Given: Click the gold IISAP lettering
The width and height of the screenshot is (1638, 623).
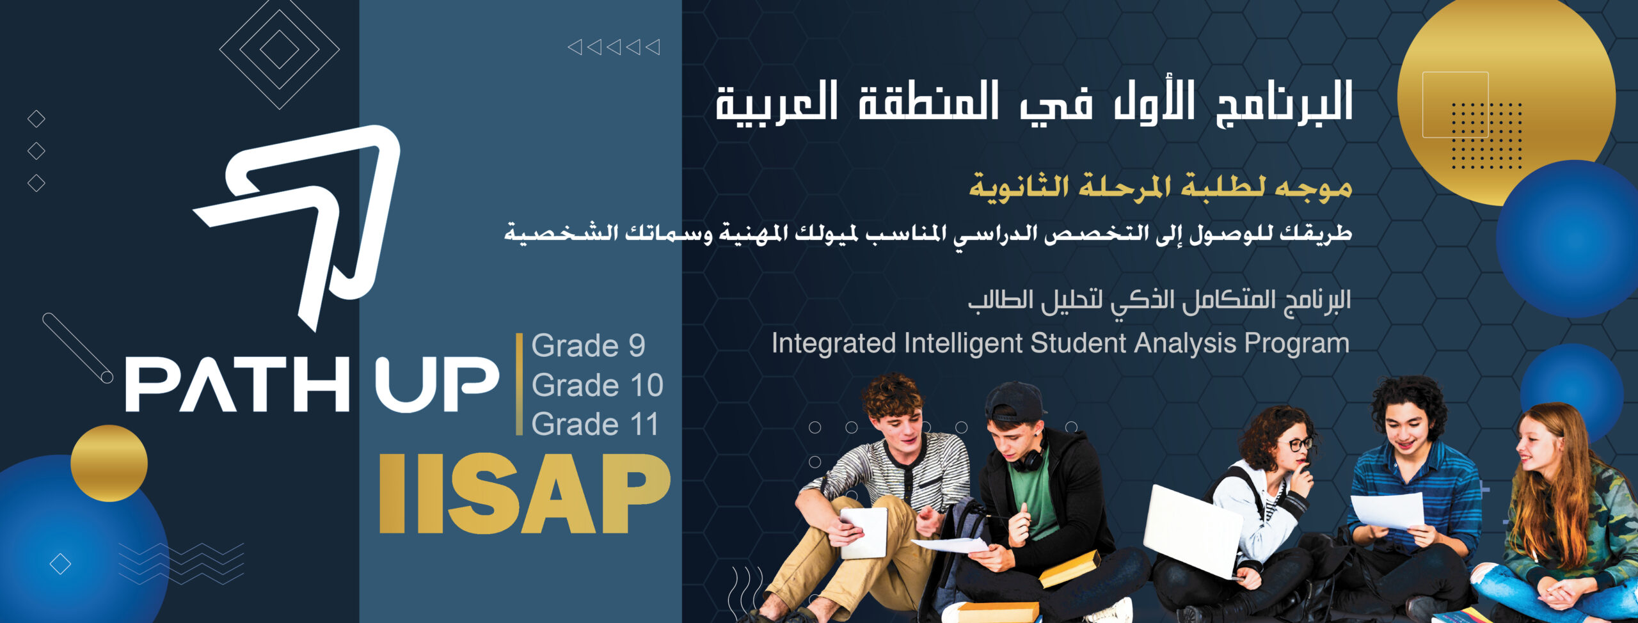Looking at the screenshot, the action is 525,493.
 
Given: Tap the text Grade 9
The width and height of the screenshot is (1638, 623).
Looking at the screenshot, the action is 588,346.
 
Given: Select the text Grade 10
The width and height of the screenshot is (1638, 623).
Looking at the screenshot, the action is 597,385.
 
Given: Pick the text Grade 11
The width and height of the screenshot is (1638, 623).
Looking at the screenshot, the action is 595,424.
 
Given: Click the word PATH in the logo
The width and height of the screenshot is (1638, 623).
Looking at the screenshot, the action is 237,384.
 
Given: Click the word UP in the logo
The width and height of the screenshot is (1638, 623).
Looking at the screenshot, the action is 436,384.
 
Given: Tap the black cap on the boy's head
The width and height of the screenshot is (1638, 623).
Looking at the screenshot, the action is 1016,401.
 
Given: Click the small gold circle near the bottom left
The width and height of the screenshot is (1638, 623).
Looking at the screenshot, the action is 109,463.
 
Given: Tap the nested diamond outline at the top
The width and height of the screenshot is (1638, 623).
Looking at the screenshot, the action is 279,49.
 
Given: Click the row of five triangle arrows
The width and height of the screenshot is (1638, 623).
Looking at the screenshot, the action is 614,47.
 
